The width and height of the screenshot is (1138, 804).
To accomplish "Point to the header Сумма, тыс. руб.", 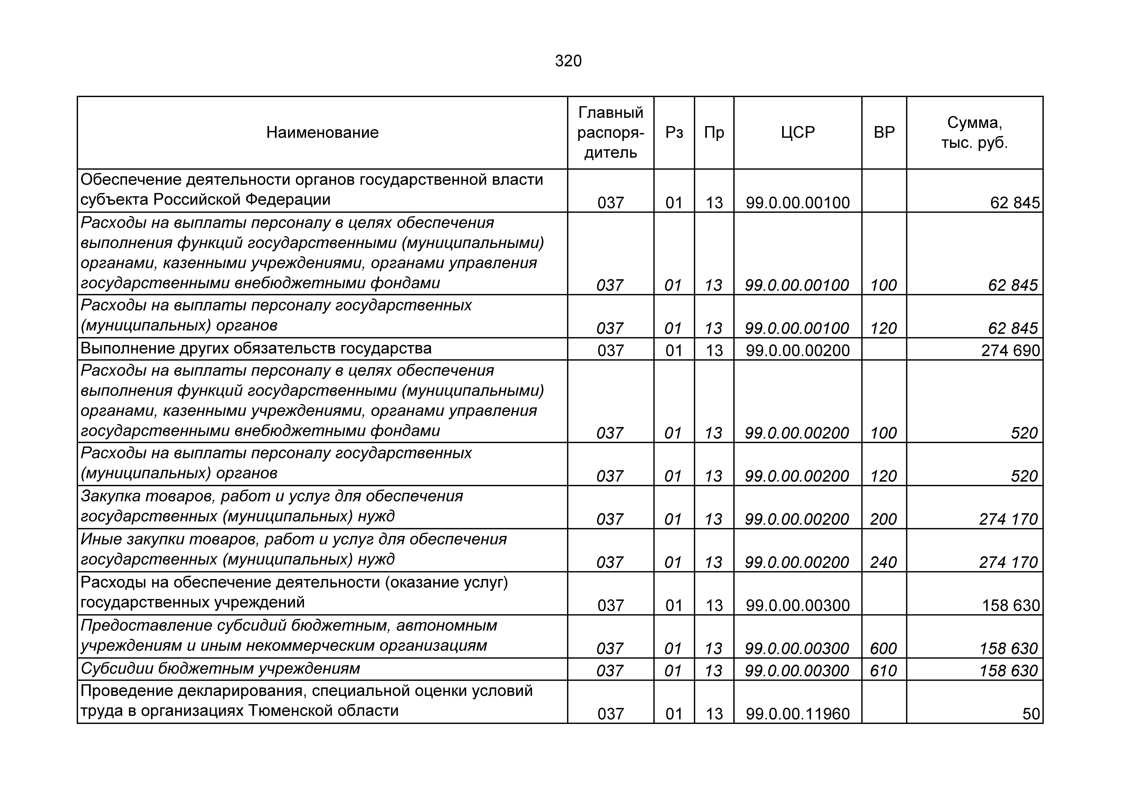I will point(975,133).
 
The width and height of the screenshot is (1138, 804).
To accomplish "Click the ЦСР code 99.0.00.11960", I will point(798,714).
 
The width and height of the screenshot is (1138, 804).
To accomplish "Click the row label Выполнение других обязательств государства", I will point(256,349).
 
